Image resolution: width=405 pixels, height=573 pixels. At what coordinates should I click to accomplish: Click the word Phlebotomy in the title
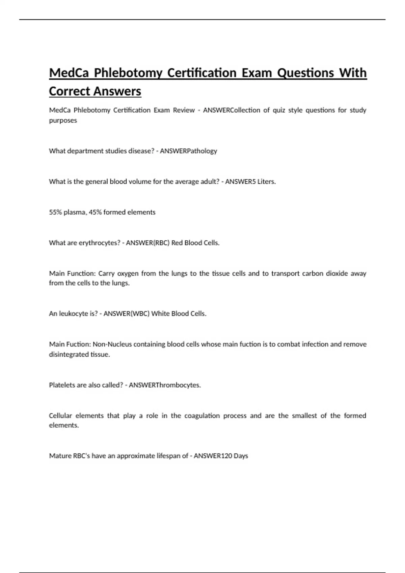tap(128, 73)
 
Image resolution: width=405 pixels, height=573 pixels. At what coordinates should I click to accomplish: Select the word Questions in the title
tap(305, 73)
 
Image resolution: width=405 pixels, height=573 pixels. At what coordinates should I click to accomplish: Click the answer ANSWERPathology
tap(188, 151)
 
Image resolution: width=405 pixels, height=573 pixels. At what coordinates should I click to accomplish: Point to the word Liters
tap(266, 182)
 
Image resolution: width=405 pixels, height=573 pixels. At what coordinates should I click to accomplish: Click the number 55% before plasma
tap(55, 212)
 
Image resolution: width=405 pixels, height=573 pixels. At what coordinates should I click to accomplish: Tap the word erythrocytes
tap(99, 243)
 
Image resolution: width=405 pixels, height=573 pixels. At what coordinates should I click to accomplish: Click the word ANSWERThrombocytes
tap(165, 385)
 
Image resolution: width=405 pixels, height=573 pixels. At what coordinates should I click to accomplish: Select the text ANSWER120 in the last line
tap(212, 456)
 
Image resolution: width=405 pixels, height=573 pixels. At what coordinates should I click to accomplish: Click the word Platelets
tap(62, 385)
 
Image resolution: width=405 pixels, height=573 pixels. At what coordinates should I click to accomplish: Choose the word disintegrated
tap(69, 355)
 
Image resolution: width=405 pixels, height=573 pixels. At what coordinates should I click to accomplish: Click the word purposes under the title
tap(63, 121)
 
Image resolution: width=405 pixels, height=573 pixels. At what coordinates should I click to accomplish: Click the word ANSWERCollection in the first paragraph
tap(232, 110)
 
